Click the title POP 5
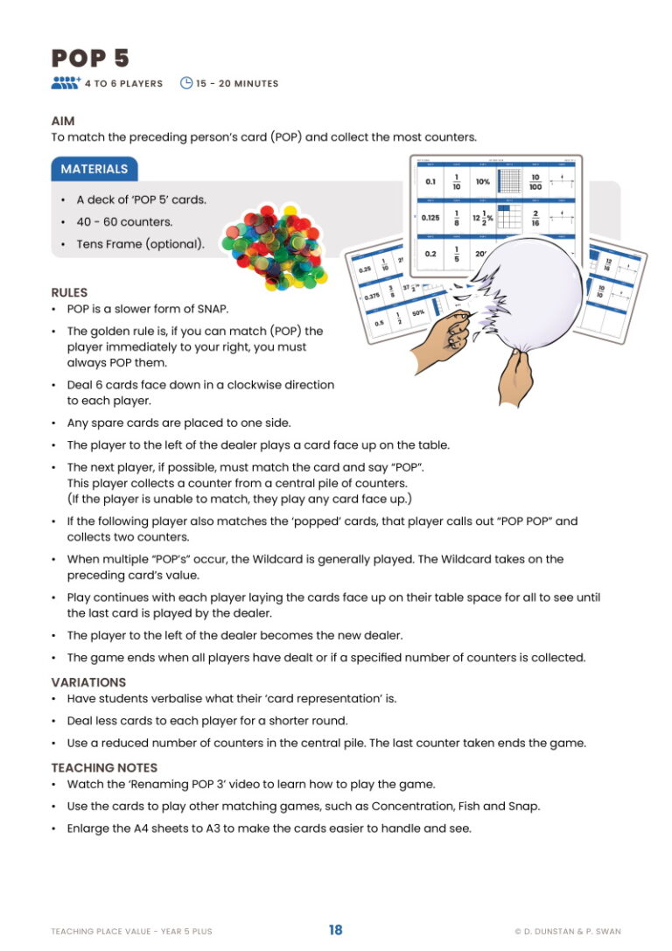(x=90, y=58)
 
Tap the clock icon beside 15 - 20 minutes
(x=185, y=83)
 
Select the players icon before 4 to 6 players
(x=66, y=83)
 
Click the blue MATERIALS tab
(x=94, y=169)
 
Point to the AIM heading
(x=63, y=122)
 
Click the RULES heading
(x=69, y=292)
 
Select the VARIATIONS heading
(x=88, y=682)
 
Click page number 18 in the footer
(x=336, y=930)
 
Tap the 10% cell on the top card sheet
(x=483, y=182)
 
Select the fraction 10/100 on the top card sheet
(x=535, y=182)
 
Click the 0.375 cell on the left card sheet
(x=372, y=297)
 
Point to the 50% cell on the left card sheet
(x=419, y=312)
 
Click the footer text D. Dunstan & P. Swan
(x=568, y=931)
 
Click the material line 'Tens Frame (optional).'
(x=140, y=244)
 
